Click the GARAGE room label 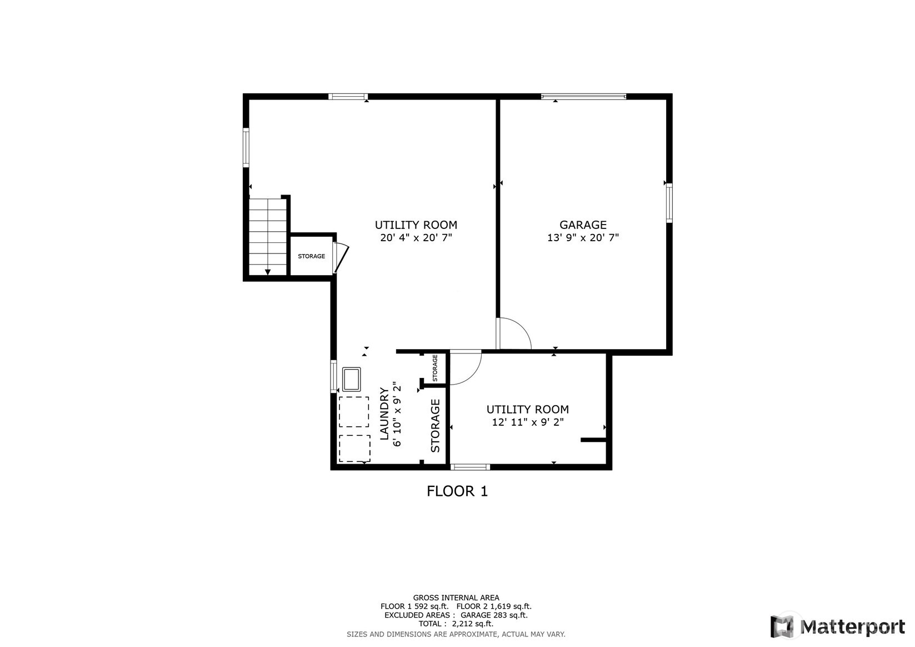click(583, 225)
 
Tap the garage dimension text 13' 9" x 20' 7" click(583, 237)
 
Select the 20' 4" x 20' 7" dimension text click(416, 237)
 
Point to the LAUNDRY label click(384, 414)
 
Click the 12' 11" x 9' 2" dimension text click(527, 422)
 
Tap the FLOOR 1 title click(457, 491)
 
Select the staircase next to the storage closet click(268, 237)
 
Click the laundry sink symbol click(351, 379)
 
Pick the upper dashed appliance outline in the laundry click(354, 411)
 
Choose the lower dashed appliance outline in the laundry click(354, 449)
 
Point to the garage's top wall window click(583, 97)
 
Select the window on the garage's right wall click(669, 203)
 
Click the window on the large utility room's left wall click(246, 147)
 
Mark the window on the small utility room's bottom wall click(470, 467)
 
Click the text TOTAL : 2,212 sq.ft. click(456, 624)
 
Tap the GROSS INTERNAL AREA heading click(456, 598)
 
